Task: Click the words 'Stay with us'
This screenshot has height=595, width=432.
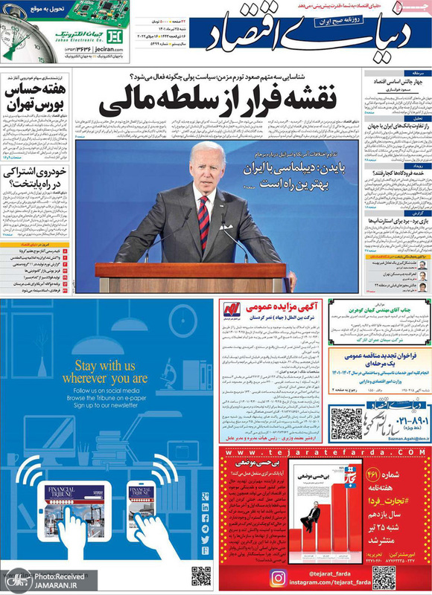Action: point(105,365)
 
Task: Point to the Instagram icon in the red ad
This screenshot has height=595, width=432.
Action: point(277,576)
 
